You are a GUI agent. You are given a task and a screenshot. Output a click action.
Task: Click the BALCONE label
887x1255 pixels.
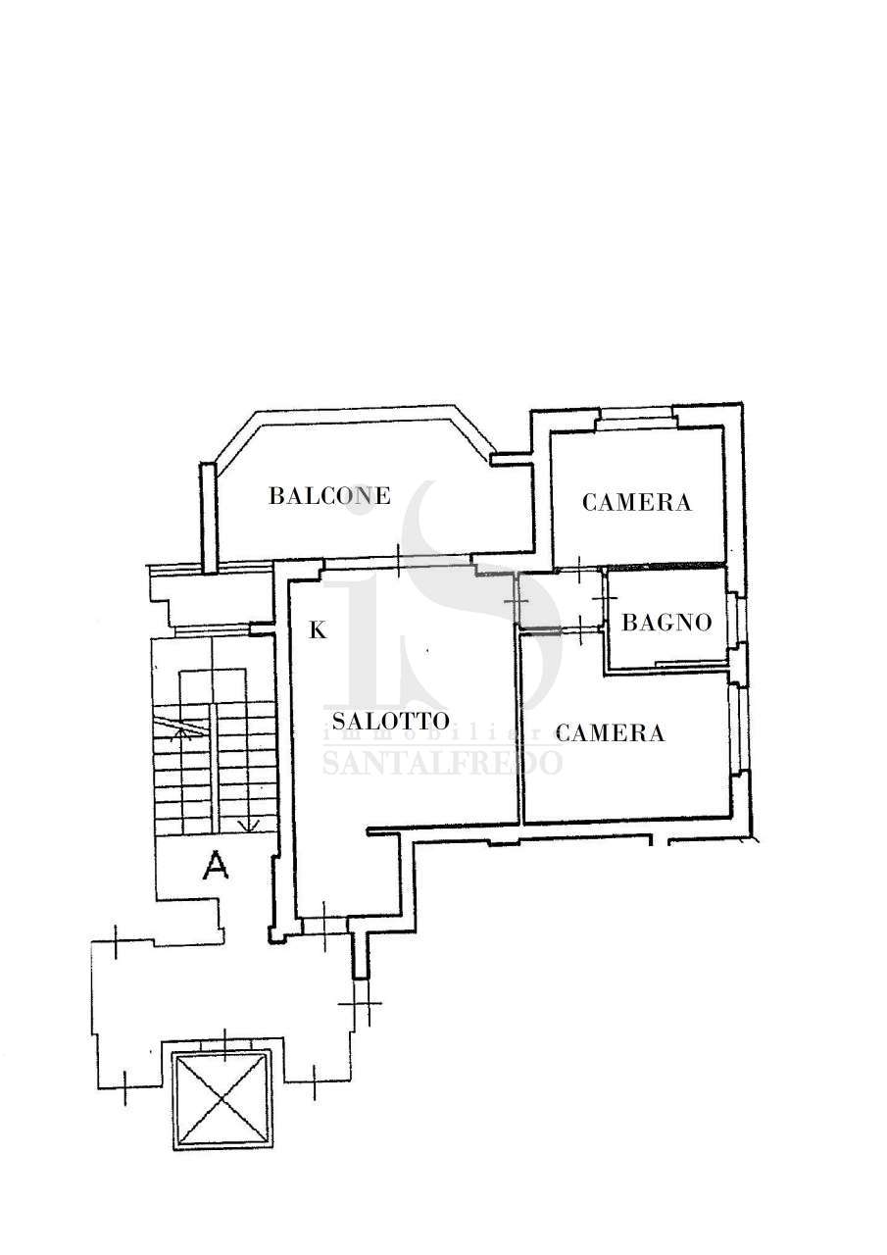pyautogui.click(x=330, y=496)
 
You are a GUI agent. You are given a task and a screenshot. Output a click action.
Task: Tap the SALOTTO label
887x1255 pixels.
pyautogui.click(x=391, y=721)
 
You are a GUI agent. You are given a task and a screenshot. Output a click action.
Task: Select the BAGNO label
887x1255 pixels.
pyautogui.click(x=666, y=623)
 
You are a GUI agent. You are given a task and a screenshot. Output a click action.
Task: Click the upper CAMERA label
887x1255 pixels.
pyautogui.click(x=637, y=502)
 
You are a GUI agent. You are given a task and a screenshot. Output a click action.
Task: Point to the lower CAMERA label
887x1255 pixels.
pyautogui.click(x=610, y=732)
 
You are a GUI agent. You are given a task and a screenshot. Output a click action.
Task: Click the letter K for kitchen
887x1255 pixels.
pyautogui.click(x=319, y=630)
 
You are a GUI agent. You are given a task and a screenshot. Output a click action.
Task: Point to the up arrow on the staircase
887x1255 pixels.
pyautogui.click(x=182, y=734)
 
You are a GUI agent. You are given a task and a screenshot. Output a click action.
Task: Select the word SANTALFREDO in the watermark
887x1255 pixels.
pyautogui.click(x=442, y=763)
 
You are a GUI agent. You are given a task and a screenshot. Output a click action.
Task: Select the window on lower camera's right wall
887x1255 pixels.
pyautogui.click(x=736, y=728)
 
